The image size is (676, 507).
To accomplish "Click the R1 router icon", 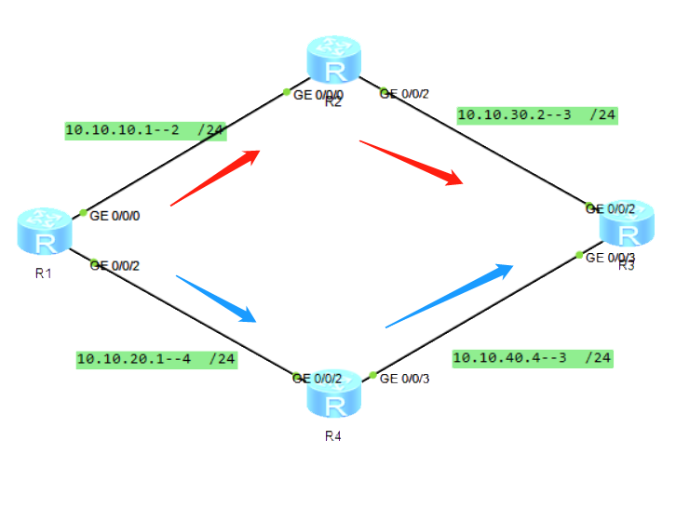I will pyautogui.click(x=44, y=232).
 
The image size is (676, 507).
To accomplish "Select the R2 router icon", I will pyautogui.click(x=335, y=60).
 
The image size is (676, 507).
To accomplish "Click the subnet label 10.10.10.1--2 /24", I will pyautogui.click(x=145, y=130).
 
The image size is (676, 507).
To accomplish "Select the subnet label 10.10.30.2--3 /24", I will pyautogui.click(x=537, y=115).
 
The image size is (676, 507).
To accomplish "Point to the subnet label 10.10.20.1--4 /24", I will pyautogui.click(x=156, y=358).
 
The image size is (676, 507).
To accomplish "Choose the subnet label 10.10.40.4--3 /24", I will pyautogui.click(x=532, y=357).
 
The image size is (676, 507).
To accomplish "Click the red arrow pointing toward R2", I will pyautogui.click(x=215, y=177).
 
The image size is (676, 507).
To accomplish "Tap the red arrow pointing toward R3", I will pyautogui.click(x=412, y=162).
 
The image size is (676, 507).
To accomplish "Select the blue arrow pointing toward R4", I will pyautogui.click(x=216, y=298).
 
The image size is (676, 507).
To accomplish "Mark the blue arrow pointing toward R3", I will pyautogui.click(x=450, y=295).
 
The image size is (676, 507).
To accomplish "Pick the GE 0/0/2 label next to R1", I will pyautogui.click(x=115, y=265).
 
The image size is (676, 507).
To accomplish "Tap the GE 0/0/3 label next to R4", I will pyautogui.click(x=406, y=378).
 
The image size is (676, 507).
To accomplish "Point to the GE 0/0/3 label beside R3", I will pyautogui.click(x=610, y=257).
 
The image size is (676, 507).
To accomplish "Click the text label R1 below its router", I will pyautogui.click(x=44, y=274).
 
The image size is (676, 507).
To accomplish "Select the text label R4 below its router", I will pyautogui.click(x=333, y=435).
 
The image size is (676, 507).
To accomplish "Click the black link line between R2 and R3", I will pyautogui.click(x=493, y=151).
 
